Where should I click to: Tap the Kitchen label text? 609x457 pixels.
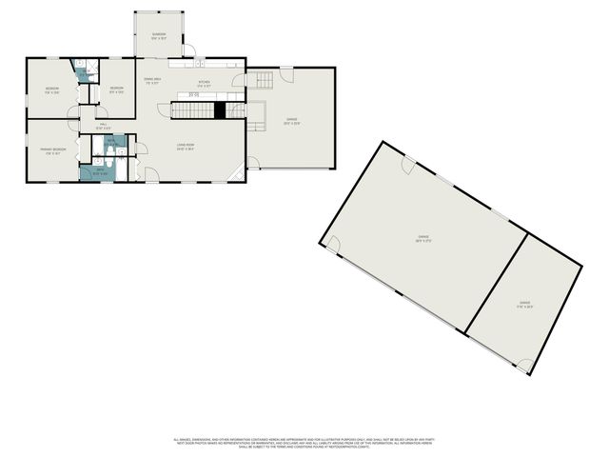pyautogui.click(x=203, y=85)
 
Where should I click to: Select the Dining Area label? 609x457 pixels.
pyautogui.click(x=151, y=82)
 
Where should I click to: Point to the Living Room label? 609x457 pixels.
pyautogui.click(x=185, y=147)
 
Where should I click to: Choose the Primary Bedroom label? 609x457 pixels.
pyautogui.click(x=52, y=150)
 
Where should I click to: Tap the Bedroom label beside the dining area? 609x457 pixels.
pyautogui.click(x=117, y=91)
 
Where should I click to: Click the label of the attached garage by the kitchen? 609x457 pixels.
pyautogui.click(x=291, y=122)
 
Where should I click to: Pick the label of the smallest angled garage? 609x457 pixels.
pyautogui.click(x=524, y=306)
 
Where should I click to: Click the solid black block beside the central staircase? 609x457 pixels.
pyautogui.click(x=219, y=110)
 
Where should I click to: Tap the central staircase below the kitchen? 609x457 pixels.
pyautogui.click(x=192, y=110)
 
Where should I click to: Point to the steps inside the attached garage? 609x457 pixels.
pyautogui.click(x=260, y=80)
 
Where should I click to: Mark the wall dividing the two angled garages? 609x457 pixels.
pyautogui.click(x=496, y=285)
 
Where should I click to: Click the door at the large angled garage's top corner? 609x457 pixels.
pyautogui.click(x=408, y=166)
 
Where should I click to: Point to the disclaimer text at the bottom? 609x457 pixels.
pyautogui.click(x=300, y=443)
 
